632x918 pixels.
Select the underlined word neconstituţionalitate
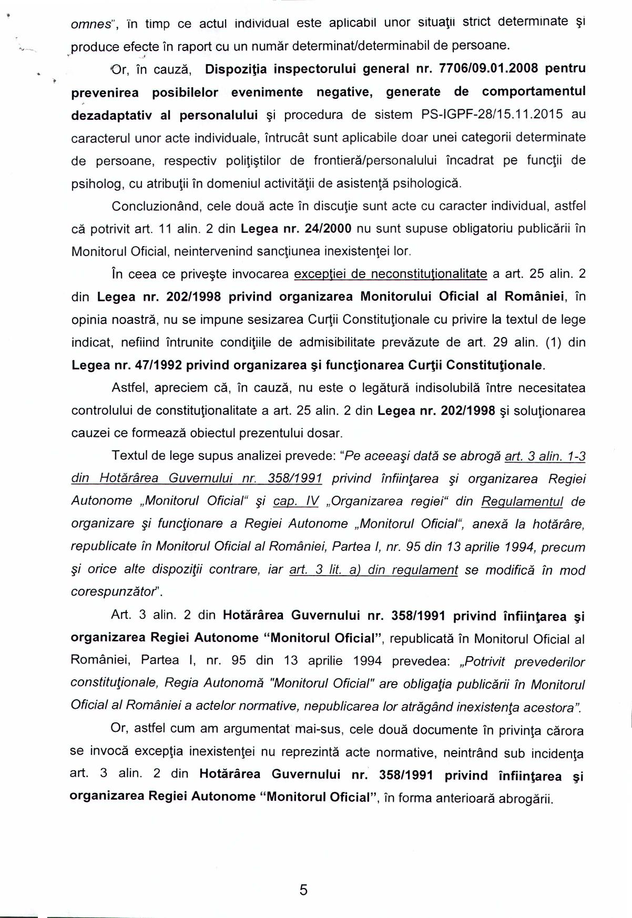(x=429, y=274)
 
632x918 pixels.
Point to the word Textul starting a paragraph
(x=128, y=456)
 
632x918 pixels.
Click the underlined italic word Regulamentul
(x=522, y=502)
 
